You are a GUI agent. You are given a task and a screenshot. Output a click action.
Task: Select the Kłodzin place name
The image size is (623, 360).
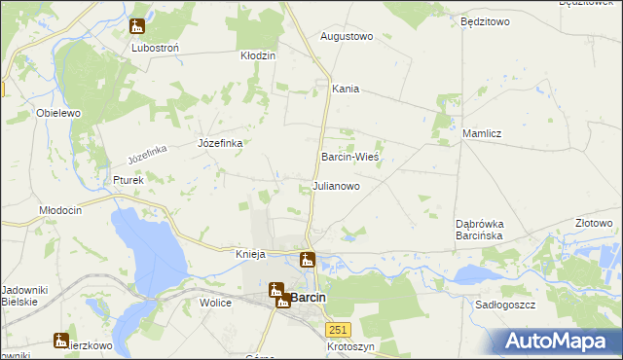click(x=259, y=55)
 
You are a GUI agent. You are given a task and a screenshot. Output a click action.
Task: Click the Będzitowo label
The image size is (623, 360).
click(x=485, y=20)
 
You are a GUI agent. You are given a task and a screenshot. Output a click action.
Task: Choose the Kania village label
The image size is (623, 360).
click(x=346, y=89)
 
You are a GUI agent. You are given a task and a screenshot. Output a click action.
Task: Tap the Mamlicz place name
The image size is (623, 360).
click(x=482, y=133)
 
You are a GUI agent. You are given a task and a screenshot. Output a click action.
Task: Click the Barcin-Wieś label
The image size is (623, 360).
click(x=349, y=157)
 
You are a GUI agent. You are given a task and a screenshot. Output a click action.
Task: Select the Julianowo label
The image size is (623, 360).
click(x=336, y=185)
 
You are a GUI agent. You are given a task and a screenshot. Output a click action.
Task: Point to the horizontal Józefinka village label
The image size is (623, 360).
click(x=220, y=143)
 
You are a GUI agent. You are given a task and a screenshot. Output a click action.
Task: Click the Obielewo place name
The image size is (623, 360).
click(x=57, y=113)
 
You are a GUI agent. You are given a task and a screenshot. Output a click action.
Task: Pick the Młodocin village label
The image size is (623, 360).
click(x=59, y=210)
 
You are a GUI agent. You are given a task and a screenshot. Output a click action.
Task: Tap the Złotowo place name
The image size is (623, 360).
click(x=594, y=223)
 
